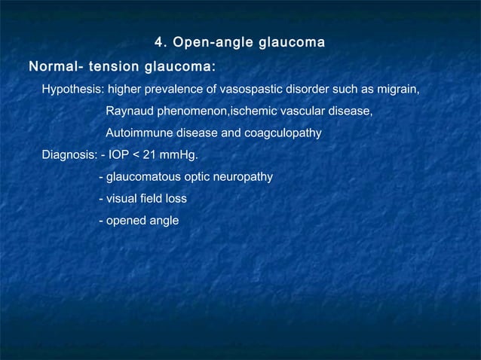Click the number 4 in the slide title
(x=158, y=41)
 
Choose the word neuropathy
(x=243, y=178)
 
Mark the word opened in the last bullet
(x=127, y=221)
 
